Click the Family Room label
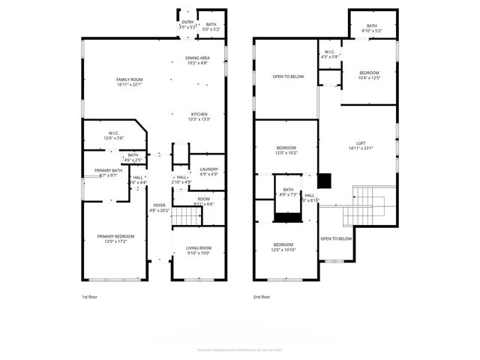[129, 82]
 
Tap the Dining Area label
[198, 60]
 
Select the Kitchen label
[199, 116]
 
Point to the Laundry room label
[208, 172]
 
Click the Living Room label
[199, 250]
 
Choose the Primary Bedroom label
[114, 238]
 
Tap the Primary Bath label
[109, 172]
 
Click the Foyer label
[160, 207]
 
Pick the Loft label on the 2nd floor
[360, 145]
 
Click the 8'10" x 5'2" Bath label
[371, 28]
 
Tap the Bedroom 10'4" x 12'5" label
[369, 75]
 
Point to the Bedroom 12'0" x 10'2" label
[286, 150]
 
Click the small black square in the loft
[324, 180]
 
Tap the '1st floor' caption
[89, 297]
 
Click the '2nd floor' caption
[262, 297]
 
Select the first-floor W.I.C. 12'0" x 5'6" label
[109, 136]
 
